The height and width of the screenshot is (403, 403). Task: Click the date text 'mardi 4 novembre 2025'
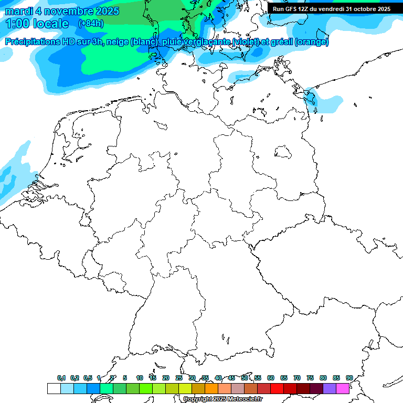point(62,11)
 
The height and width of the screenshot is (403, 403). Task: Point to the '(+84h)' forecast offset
point(91,24)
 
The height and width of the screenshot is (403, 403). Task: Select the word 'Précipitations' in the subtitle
point(32,42)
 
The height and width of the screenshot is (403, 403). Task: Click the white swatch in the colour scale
point(54,389)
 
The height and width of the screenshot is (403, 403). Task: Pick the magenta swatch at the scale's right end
point(343,389)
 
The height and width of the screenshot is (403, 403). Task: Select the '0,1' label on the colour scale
point(61,378)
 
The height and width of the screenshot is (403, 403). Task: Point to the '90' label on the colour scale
point(349,378)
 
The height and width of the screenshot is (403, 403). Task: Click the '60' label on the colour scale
point(271,378)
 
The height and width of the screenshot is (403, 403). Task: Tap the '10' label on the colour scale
point(140,378)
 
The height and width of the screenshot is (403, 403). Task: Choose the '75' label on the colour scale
point(310,378)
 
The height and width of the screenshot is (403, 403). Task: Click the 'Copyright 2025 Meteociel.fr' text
point(222,399)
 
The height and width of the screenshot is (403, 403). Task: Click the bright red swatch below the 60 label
point(277,389)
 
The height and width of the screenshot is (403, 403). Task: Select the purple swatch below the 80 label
point(330,389)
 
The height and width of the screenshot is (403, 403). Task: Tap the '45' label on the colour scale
point(231,378)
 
